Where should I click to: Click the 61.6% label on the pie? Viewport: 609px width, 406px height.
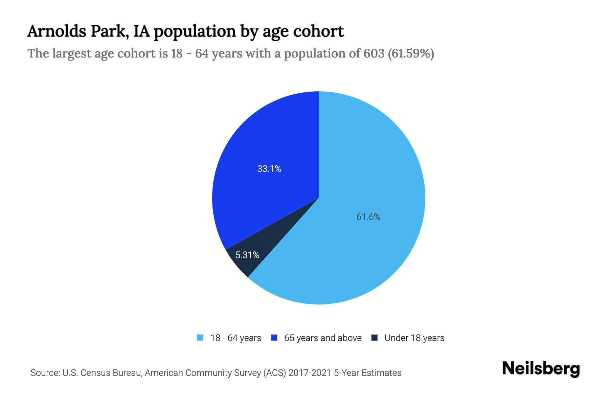click(x=368, y=217)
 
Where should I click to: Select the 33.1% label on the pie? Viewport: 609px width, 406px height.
click(x=269, y=169)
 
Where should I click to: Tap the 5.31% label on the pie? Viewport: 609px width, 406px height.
click(x=247, y=255)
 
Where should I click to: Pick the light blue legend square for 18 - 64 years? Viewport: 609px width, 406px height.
click(x=200, y=338)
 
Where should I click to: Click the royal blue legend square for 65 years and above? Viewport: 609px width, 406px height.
click(x=274, y=338)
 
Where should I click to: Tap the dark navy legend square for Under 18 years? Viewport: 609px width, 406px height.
click(x=375, y=338)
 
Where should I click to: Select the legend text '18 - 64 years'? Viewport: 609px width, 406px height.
click(x=236, y=338)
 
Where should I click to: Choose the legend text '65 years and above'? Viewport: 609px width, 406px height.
click(x=323, y=338)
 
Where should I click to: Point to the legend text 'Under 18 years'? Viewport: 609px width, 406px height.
click(x=414, y=338)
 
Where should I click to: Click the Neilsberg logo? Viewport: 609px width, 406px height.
click(x=541, y=369)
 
